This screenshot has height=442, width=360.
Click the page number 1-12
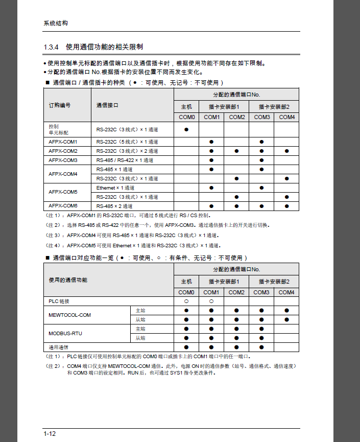(50, 434)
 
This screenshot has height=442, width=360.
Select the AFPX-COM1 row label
(63, 142)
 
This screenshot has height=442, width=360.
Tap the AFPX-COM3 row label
(63, 160)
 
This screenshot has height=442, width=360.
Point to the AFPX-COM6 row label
(63, 206)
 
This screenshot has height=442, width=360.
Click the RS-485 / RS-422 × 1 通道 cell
(125, 160)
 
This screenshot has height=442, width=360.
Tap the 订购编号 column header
(60, 105)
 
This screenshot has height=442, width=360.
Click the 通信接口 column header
(107, 105)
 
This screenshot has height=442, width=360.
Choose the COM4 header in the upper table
(287, 117)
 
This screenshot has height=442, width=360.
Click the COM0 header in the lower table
(186, 292)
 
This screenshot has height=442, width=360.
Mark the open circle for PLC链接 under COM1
(211, 301)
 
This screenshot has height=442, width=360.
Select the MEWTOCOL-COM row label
(69, 315)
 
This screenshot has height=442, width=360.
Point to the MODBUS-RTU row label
(65, 334)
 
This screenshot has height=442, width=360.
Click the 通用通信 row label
(59, 347)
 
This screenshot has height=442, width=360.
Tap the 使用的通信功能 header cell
(68, 280)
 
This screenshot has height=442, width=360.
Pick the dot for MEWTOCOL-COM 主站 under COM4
(287, 311)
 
